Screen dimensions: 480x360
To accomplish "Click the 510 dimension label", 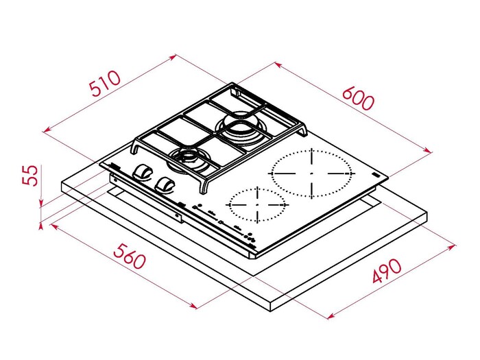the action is click(x=105, y=83).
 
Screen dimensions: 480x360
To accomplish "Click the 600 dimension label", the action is click(x=358, y=99).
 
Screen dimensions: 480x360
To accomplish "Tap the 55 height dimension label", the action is click(x=30, y=176).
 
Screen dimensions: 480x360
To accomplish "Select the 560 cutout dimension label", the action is click(x=129, y=256).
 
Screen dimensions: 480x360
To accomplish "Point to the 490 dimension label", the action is click(x=386, y=271).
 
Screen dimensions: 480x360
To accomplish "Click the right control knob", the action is click(x=165, y=184).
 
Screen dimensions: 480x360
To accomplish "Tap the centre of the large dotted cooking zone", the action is click(x=311, y=173).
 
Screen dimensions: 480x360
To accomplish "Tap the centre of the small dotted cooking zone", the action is click(x=257, y=204).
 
